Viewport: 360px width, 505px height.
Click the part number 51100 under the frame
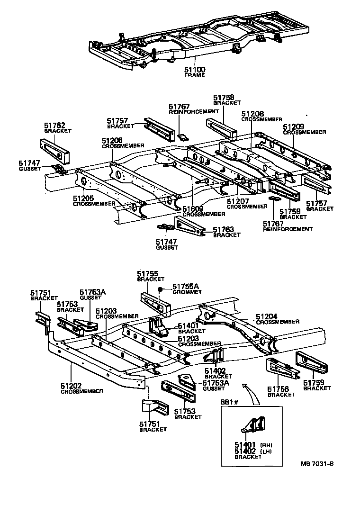pos(195,70)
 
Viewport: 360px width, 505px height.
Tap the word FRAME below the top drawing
pos(194,75)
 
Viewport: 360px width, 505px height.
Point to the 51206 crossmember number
pos(112,141)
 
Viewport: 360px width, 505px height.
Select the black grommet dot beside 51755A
pos(161,289)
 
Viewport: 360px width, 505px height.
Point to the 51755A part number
pos(186,286)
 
